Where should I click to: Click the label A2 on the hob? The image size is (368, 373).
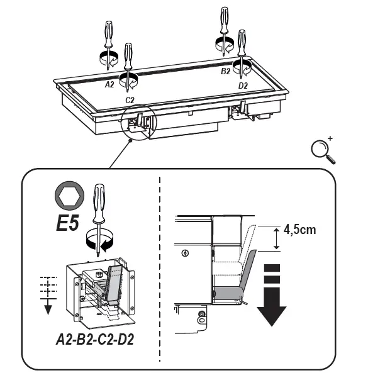109,83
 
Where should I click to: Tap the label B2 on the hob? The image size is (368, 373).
225,72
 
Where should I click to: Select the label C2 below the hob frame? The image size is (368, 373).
130,100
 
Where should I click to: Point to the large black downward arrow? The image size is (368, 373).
272,296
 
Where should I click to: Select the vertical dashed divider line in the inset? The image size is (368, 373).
160,270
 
